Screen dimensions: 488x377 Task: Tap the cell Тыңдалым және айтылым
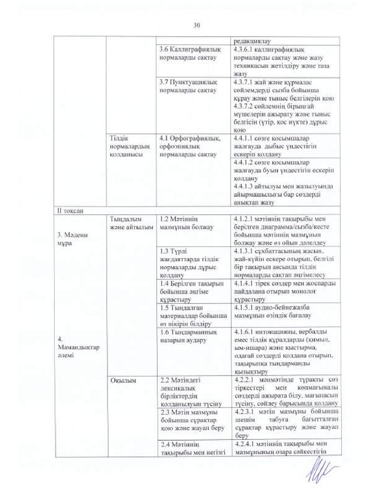[x=125, y=223]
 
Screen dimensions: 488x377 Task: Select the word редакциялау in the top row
[x=253, y=41]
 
